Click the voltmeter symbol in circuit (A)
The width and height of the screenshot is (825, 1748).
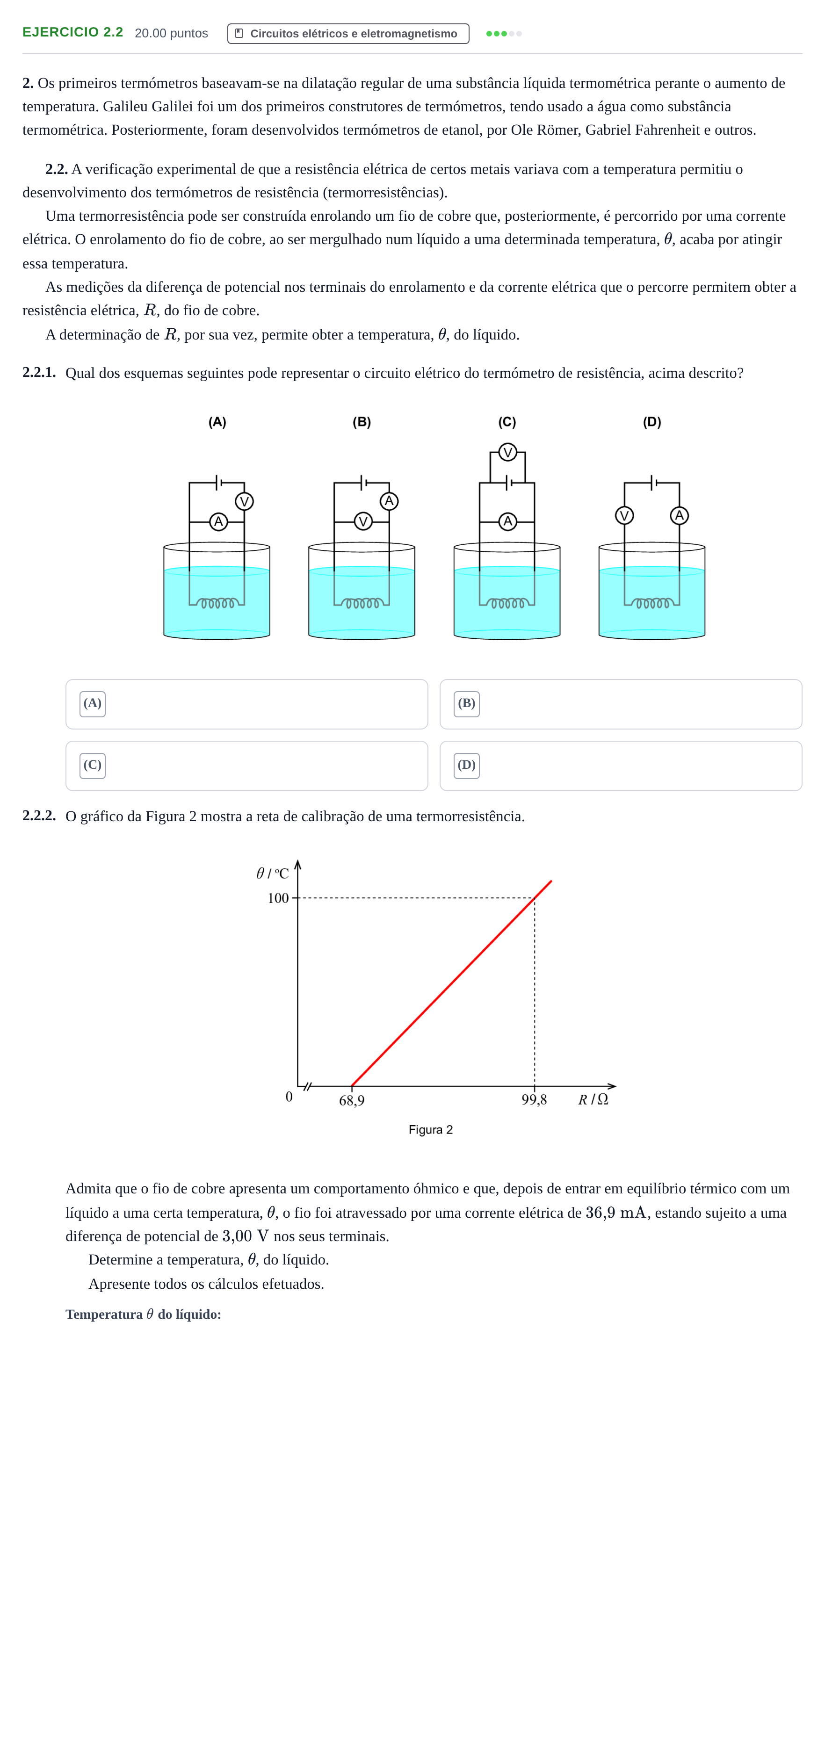pos(244,501)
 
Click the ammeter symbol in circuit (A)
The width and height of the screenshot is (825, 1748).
pos(218,522)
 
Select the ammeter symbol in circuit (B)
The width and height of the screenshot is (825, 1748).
pos(389,501)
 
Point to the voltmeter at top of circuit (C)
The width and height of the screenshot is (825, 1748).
pos(507,452)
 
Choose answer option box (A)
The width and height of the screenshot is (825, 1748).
pos(247,704)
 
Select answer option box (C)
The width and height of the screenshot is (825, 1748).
pos(247,766)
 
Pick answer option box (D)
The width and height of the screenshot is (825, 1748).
pos(621,766)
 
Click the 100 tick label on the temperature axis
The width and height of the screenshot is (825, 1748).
pos(278,898)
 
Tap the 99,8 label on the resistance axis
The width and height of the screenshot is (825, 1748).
pos(534,1100)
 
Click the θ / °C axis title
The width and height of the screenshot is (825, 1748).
pos(272,874)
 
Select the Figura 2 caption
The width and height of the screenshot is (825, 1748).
pos(430,1130)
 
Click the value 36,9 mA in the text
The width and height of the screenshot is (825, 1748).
pos(615,1213)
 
